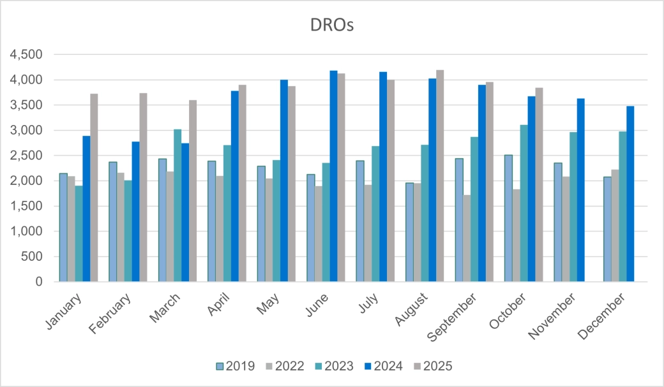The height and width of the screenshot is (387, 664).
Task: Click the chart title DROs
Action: tap(331, 26)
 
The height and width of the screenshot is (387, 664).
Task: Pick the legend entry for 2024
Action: tap(382, 366)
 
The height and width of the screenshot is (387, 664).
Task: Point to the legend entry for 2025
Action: tap(432, 366)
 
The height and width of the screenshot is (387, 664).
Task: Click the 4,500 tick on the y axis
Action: tap(26, 55)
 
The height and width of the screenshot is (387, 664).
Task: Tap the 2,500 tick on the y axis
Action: tap(26, 156)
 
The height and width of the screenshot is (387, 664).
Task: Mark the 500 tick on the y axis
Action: tap(31, 256)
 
